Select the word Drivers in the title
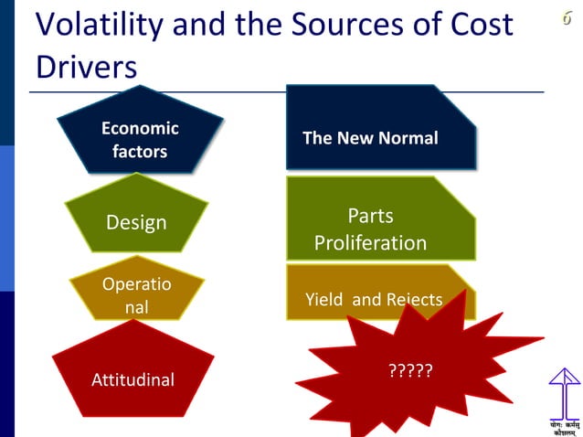point(87,67)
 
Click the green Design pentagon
point(136,221)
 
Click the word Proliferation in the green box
point(370,243)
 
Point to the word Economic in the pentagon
point(140,128)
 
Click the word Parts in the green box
point(370,217)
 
